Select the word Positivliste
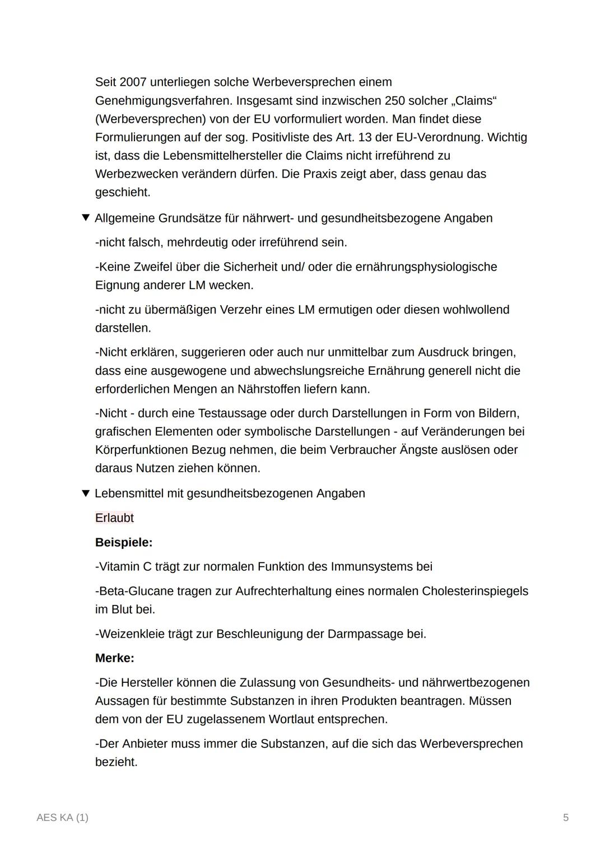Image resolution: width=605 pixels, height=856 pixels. pyautogui.click(x=288, y=137)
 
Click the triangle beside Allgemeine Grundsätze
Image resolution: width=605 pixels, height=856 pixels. pyautogui.click(x=86, y=217)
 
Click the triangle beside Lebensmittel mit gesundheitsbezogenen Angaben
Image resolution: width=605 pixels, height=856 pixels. pyautogui.click(x=86, y=493)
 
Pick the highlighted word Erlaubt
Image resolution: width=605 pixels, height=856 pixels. pyautogui.click(x=114, y=518)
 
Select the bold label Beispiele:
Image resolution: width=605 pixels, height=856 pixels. pyautogui.click(x=124, y=542)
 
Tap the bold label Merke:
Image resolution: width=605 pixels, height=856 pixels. pyautogui.click(x=115, y=658)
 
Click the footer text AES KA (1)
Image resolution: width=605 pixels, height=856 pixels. pyautogui.click(x=62, y=818)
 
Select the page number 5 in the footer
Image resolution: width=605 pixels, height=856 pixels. pyautogui.click(x=566, y=818)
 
